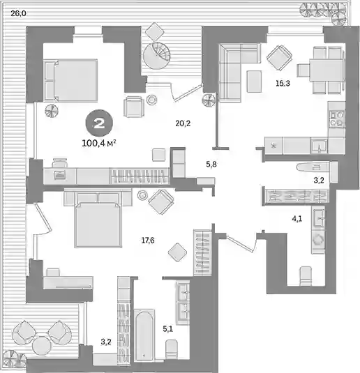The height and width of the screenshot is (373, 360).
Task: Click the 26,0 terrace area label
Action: pos(18,13)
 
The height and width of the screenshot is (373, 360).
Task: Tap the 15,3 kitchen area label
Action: pos(283,83)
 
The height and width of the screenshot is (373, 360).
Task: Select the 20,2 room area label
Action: pos(183,123)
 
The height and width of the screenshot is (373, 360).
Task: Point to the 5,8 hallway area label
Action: pos(211,164)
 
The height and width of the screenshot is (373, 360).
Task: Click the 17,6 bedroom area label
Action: pos(148,241)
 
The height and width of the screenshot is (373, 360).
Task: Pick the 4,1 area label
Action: pos(297,219)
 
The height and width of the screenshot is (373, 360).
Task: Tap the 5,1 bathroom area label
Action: pos(168,329)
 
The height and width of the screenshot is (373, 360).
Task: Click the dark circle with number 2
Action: pos(99,123)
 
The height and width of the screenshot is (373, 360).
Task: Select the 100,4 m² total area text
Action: pos(99,144)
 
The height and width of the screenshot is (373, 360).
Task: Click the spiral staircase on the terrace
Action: pos(157,56)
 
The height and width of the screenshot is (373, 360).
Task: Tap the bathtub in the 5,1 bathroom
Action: pos(144,335)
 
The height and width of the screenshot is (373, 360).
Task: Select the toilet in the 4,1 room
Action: pos(306,276)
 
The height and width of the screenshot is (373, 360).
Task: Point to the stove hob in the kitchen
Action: pos(336,119)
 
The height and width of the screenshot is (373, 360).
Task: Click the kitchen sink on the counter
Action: pos(320,146)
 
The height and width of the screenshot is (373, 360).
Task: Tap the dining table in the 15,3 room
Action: pos(326,70)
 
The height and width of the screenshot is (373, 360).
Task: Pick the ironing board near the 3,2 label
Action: pos(314,167)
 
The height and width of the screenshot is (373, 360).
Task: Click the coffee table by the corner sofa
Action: pos(255,82)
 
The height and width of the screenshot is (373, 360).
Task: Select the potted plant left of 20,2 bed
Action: pos(52,111)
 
